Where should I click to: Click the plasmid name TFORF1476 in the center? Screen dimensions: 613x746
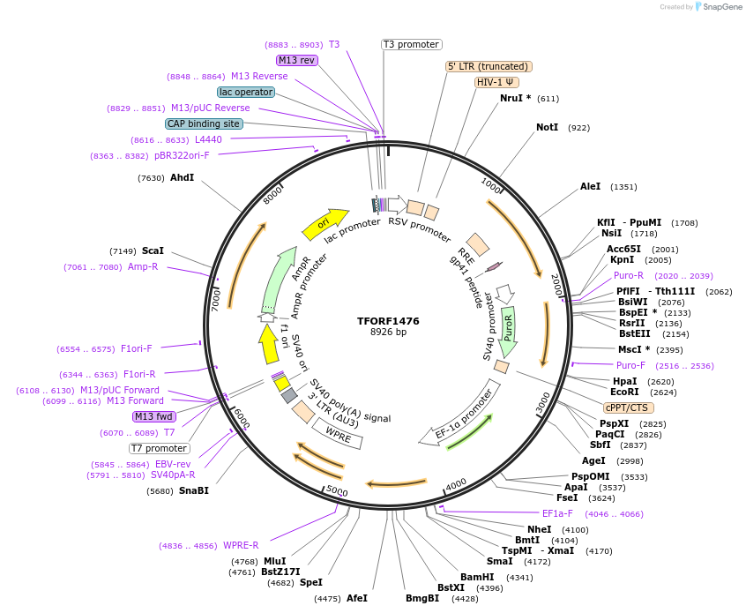pos(388,321)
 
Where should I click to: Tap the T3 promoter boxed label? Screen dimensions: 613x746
pos(411,44)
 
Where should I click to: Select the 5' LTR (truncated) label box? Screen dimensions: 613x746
pos(489,66)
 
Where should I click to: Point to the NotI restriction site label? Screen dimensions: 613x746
pos(547,128)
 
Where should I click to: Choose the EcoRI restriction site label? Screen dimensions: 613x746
pos(624,392)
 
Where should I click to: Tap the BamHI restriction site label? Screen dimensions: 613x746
pos(477,577)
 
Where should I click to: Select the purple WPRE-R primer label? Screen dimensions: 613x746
pos(241,545)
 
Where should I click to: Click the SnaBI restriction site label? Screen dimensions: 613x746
pos(194,490)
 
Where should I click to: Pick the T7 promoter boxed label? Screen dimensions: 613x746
pos(159,448)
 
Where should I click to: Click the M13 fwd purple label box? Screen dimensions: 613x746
pos(153,416)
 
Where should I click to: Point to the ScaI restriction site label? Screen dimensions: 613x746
pos(153,251)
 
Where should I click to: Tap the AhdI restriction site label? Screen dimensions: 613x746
pos(182,178)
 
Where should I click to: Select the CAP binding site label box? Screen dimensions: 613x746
pos(203,124)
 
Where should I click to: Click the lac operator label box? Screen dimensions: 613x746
pos(245,92)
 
